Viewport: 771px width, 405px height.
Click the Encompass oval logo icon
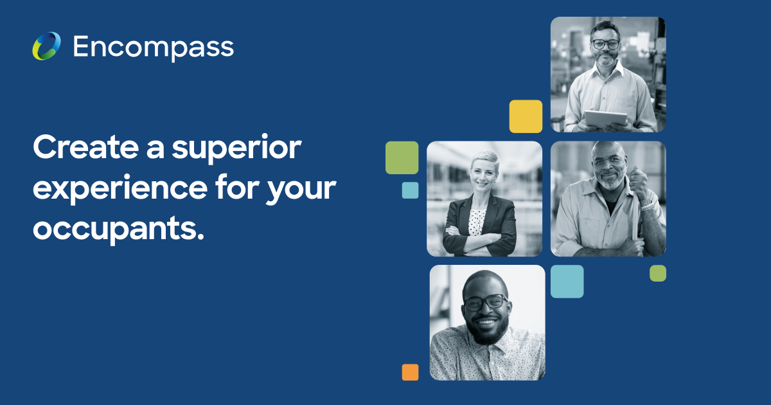46,46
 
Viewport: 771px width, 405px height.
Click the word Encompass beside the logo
154,48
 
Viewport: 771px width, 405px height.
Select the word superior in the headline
237,148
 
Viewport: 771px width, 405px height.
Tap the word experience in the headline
120,188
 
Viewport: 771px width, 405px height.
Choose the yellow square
526,116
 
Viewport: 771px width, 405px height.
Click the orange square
411,372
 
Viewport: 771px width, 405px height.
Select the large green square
402,157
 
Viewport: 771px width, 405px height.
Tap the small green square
658,273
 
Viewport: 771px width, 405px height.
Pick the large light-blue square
567,282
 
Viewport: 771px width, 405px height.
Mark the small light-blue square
411,190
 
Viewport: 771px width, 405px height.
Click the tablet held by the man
606,118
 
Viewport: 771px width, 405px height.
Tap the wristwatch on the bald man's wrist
648,206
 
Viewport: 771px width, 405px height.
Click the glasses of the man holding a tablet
605,44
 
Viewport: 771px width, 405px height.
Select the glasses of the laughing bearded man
485,303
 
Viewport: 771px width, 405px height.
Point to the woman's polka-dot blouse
477,222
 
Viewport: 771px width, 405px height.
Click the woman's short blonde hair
486,159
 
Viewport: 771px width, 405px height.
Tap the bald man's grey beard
611,180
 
